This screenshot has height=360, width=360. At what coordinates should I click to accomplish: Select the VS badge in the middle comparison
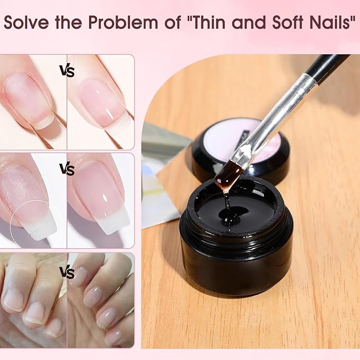coord(67,169)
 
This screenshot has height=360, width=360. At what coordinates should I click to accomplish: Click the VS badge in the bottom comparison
coord(67,273)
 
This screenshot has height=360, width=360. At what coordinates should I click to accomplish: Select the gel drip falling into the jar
coord(227,205)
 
